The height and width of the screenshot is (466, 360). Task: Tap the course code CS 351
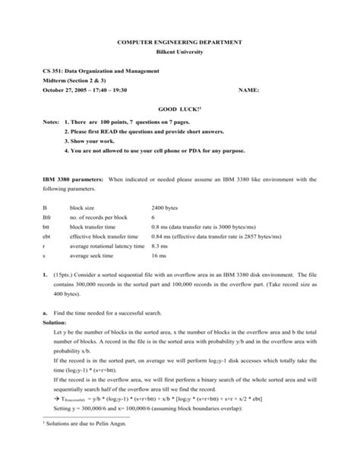pos(53,71)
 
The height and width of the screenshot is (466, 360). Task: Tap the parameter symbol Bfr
pos(46,215)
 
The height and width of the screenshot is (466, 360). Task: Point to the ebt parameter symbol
pos(46,235)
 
